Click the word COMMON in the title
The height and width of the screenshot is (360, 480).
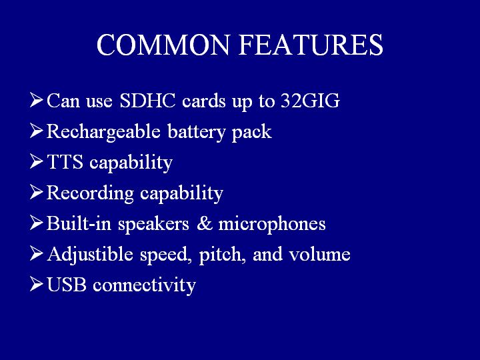[x=163, y=45]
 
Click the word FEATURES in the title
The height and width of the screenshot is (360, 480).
[x=311, y=45]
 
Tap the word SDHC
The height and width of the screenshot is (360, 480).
[x=147, y=101]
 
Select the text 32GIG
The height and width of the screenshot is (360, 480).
[x=311, y=101]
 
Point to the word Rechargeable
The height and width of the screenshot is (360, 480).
[x=103, y=132]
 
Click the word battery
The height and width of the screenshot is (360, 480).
[x=196, y=132]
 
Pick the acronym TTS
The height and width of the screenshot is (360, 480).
[x=65, y=161]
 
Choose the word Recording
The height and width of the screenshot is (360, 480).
[x=90, y=193]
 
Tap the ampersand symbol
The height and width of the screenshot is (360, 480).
[x=205, y=223]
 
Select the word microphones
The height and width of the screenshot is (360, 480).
[x=272, y=224]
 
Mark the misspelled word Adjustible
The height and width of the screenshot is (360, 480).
[x=90, y=255]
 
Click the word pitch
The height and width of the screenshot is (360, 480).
[x=220, y=255]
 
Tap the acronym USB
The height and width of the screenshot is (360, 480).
[x=67, y=285]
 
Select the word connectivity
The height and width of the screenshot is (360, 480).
[x=144, y=285]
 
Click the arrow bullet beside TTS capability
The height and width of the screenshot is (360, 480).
[x=37, y=161]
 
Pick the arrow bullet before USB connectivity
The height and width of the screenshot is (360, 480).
[x=37, y=284]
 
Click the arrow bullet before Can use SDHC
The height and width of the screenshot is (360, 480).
[x=37, y=100]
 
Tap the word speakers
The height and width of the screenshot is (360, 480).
[x=154, y=224]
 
